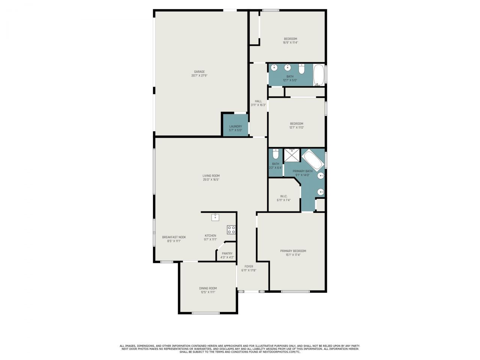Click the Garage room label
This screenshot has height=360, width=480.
pos(199,72)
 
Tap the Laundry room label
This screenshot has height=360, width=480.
pos(235,126)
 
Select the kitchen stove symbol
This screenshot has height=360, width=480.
pos(231,229)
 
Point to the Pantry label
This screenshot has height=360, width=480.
pos(227,253)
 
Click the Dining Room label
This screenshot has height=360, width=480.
pos(208,288)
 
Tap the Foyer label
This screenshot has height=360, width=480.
pos(249,267)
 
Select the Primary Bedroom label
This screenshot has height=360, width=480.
pos(293,251)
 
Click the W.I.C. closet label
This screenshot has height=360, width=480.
pos(283,196)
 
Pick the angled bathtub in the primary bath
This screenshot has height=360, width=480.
pos(312,160)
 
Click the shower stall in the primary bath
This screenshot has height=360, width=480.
pos(292,155)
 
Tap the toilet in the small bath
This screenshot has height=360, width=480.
pos(276,154)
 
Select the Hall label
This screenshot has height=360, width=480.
pos(258,101)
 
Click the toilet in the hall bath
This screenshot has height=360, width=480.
pos(301,69)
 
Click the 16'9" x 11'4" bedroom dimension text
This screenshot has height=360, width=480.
pos(290,43)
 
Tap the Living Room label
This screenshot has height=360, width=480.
pos(211,175)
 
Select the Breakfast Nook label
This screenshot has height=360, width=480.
pos(174,237)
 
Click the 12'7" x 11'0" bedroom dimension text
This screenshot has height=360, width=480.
pos(296,127)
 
